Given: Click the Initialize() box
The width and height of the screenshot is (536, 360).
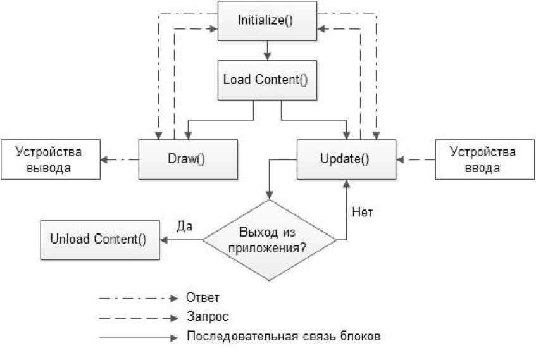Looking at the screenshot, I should click(x=266, y=20).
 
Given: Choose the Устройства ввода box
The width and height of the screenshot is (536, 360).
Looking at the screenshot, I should click(x=483, y=159).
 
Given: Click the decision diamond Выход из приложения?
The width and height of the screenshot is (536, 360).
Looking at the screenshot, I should click(x=269, y=240).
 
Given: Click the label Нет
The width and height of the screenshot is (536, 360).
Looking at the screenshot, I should click(x=362, y=212).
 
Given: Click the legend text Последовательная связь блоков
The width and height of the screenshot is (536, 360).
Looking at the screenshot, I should click(x=283, y=336).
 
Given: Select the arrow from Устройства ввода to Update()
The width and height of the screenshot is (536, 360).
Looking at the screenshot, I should click(x=416, y=159).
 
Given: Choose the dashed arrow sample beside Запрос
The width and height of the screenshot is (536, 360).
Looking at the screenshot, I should click(x=139, y=316).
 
